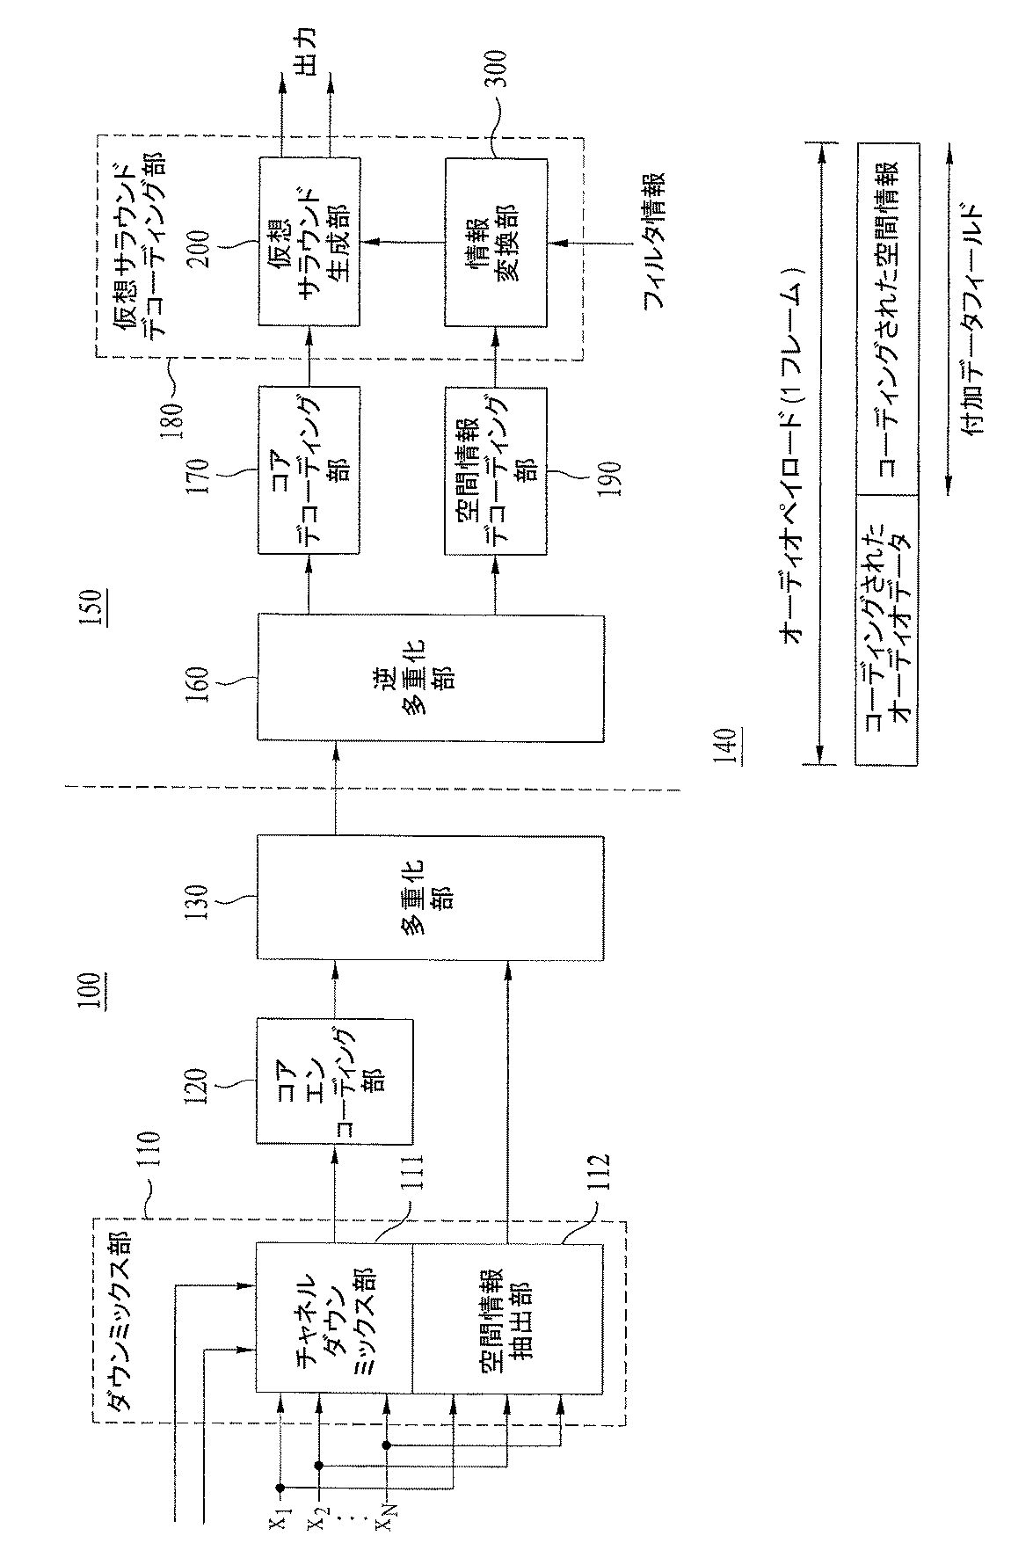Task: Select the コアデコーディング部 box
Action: coord(308,469)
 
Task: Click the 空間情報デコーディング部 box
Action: coord(495,469)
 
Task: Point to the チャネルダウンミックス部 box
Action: coord(334,1318)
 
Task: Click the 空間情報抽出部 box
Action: coord(507,1318)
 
